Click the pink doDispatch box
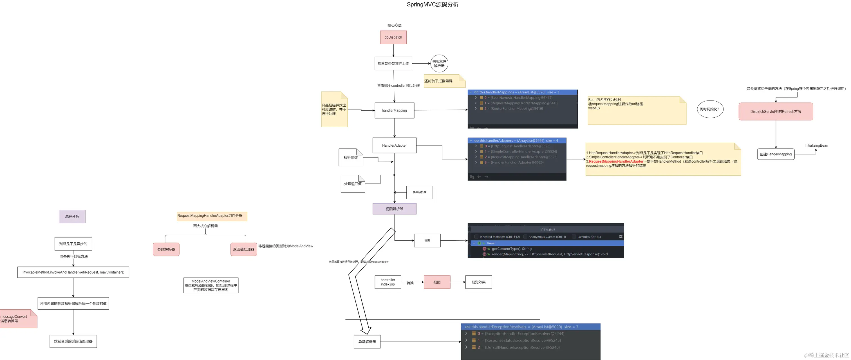pyautogui.click(x=393, y=37)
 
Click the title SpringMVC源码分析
pyautogui.click(x=433, y=5)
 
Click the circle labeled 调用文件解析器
pyautogui.click(x=439, y=63)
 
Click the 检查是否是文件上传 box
pyautogui.click(x=393, y=63)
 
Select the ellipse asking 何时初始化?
pyautogui.click(x=710, y=109)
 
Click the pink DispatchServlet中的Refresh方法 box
pyautogui.click(x=775, y=112)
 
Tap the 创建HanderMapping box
pyautogui.click(x=775, y=154)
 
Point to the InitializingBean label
pyautogui.click(x=816, y=145)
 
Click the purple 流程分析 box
pyautogui.click(x=72, y=217)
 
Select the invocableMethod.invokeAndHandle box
pyautogui.click(x=73, y=272)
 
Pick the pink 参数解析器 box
pyautogui.click(x=166, y=249)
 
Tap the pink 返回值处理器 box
pyautogui.click(x=243, y=249)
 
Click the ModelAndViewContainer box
pyautogui.click(x=211, y=285)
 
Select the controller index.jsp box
pyautogui.click(x=388, y=282)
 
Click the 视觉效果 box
pyautogui.click(x=478, y=282)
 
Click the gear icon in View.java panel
pyautogui.click(x=621, y=236)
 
